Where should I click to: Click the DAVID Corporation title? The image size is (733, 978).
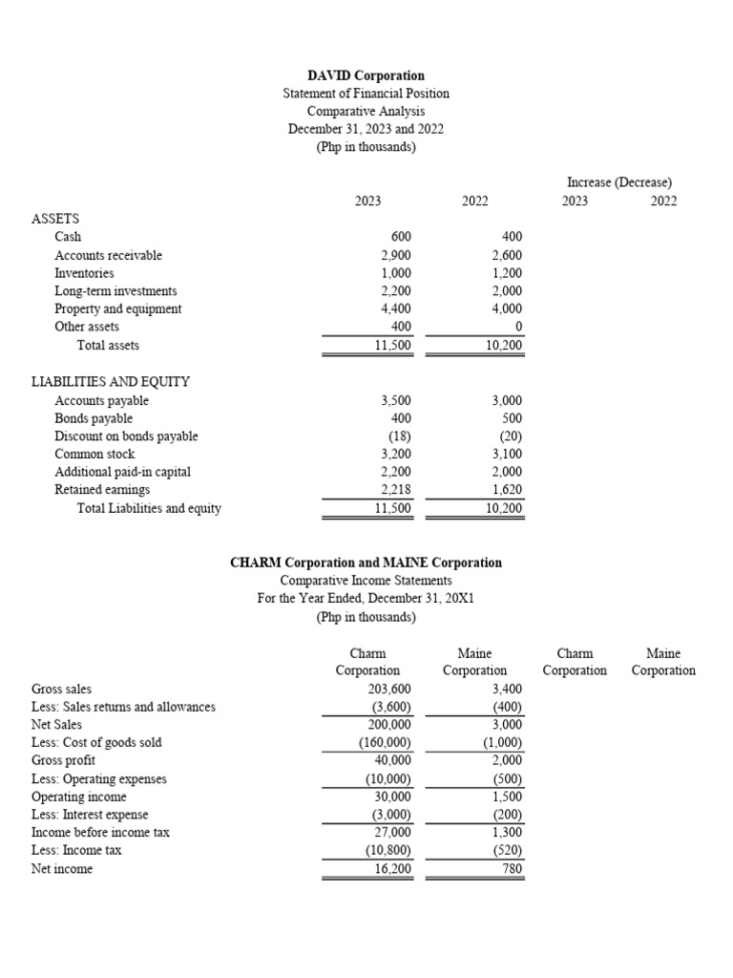pos(366,75)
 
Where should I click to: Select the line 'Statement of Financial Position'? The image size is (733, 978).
pos(366,94)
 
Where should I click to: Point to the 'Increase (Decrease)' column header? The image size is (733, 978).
pos(618,181)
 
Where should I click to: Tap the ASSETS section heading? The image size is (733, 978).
pos(55,218)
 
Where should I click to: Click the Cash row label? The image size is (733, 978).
pos(68,237)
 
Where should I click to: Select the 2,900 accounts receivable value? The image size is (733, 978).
pos(395,255)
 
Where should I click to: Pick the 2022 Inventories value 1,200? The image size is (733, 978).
pos(506,273)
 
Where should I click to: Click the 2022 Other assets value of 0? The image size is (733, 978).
pos(517,328)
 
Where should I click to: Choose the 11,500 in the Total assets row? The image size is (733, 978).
pos(393,346)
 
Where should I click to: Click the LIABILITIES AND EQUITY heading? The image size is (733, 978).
pos(111,382)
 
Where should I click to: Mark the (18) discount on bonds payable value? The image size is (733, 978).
pos(399,436)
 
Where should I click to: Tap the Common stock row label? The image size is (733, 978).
pos(94,455)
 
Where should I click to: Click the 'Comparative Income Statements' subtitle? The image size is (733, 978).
pos(366,581)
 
